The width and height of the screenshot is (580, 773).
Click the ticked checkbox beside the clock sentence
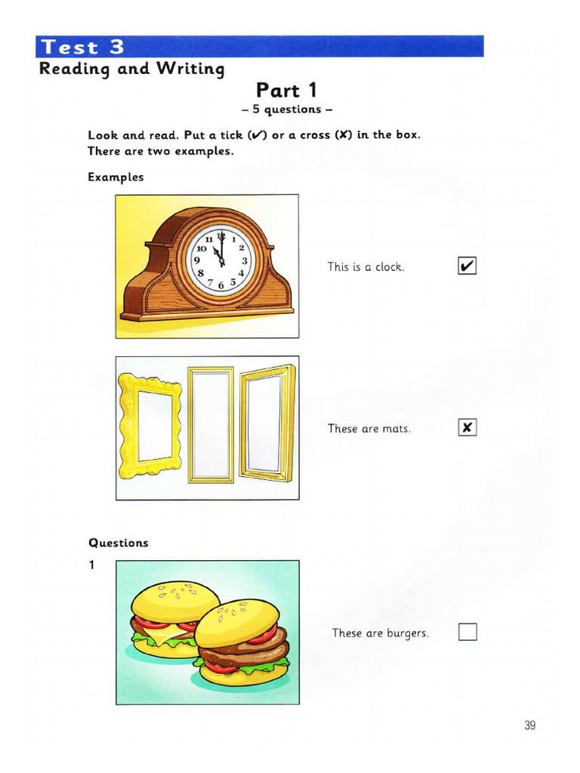tap(467, 266)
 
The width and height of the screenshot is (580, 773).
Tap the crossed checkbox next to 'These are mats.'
tap(467, 428)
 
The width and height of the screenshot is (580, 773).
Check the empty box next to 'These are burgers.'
tap(467, 632)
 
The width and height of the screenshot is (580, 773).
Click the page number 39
tap(529, 725)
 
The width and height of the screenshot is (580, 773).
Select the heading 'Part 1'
tap(287, 91)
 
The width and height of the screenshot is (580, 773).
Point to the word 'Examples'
tap(116, 177)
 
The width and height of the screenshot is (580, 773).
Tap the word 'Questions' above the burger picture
tap(119, 543)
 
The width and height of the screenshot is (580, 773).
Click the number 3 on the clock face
tap(245, 260)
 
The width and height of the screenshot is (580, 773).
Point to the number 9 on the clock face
tap(197, 260)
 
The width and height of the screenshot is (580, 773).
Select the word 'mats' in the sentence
tap(396, 429)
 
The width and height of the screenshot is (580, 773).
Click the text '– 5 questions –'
tap(286, 109)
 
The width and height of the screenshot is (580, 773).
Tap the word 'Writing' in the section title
tap(191, 69)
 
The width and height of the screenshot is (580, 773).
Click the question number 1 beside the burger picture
tap(92, 564)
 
